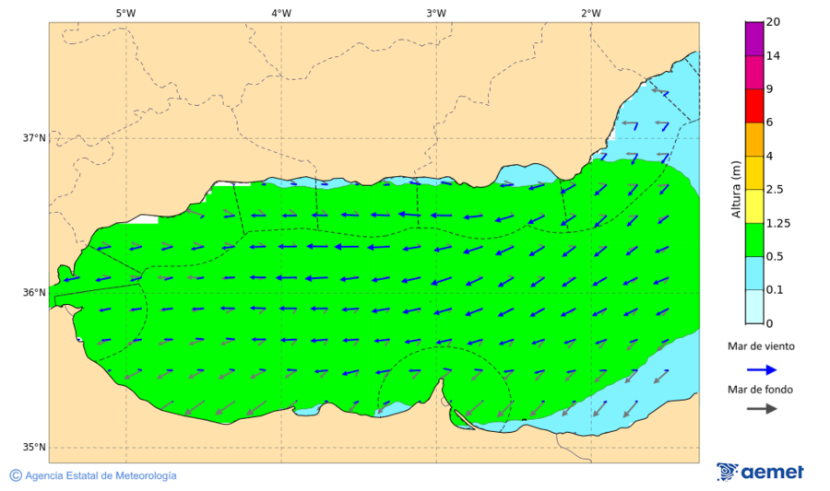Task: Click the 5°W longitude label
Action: (x=125, y=13)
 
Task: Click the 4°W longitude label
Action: (x=281, y=13)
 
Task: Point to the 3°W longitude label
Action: (x=436, y=13)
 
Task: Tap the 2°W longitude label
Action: (x=591, y=13)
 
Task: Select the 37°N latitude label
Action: (x=34, y=138)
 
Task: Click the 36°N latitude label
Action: (x=34, y=293)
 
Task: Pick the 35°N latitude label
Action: (x=34, y=448)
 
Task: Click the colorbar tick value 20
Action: (x=773, y=22)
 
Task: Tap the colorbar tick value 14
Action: (x=773, y=56)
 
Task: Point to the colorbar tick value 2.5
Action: (x=775, y=190)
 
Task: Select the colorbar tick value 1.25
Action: (x=777, y=223)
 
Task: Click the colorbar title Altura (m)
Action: (x=736, y=190)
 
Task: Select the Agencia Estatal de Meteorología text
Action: (x=101, y=476)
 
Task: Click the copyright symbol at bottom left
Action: (x=16, y=475)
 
